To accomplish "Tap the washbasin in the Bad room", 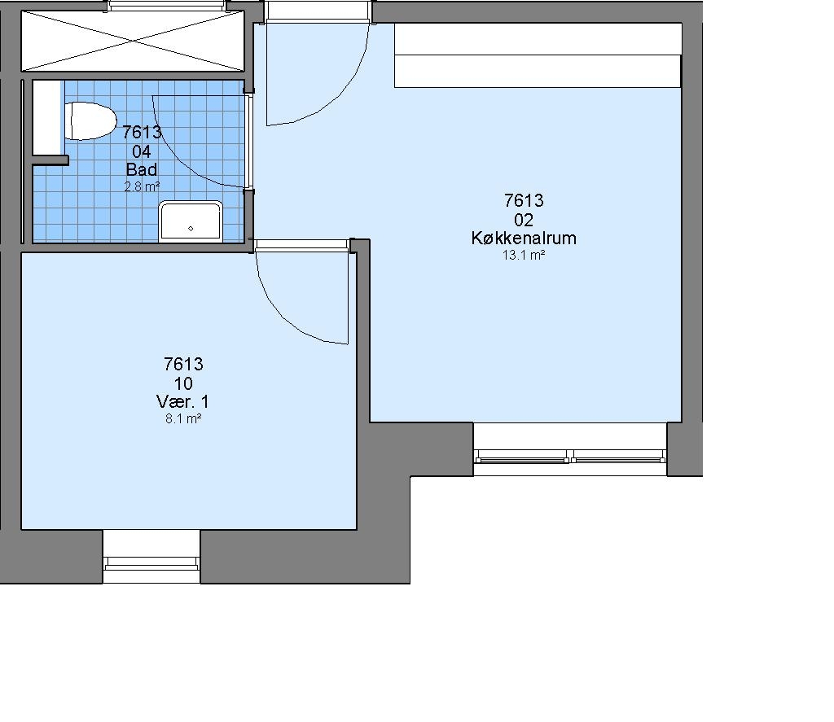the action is (x=191, y=221).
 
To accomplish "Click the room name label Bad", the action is (x=142, y=169).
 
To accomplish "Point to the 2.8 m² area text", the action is (x=142, y=186).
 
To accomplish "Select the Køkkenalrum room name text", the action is (x=524, y=238).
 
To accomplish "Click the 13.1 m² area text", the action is (x=524, y=256).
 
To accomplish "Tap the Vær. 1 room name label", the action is (x=183, y=401).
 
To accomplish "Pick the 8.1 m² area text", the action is (x=183, y=419).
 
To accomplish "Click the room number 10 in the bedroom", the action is (x=183, y=383).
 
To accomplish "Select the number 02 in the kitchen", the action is (x=524, y=220).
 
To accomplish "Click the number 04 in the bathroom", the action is (x=142, y=151).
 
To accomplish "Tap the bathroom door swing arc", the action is (x=176, y=160).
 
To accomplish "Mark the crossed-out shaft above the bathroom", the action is (x=133, y=41).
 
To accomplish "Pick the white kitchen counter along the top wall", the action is (x=538, y=55).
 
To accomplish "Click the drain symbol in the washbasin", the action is (x=191, y=229).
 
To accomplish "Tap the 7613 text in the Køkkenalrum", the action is (x=524, y=200).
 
